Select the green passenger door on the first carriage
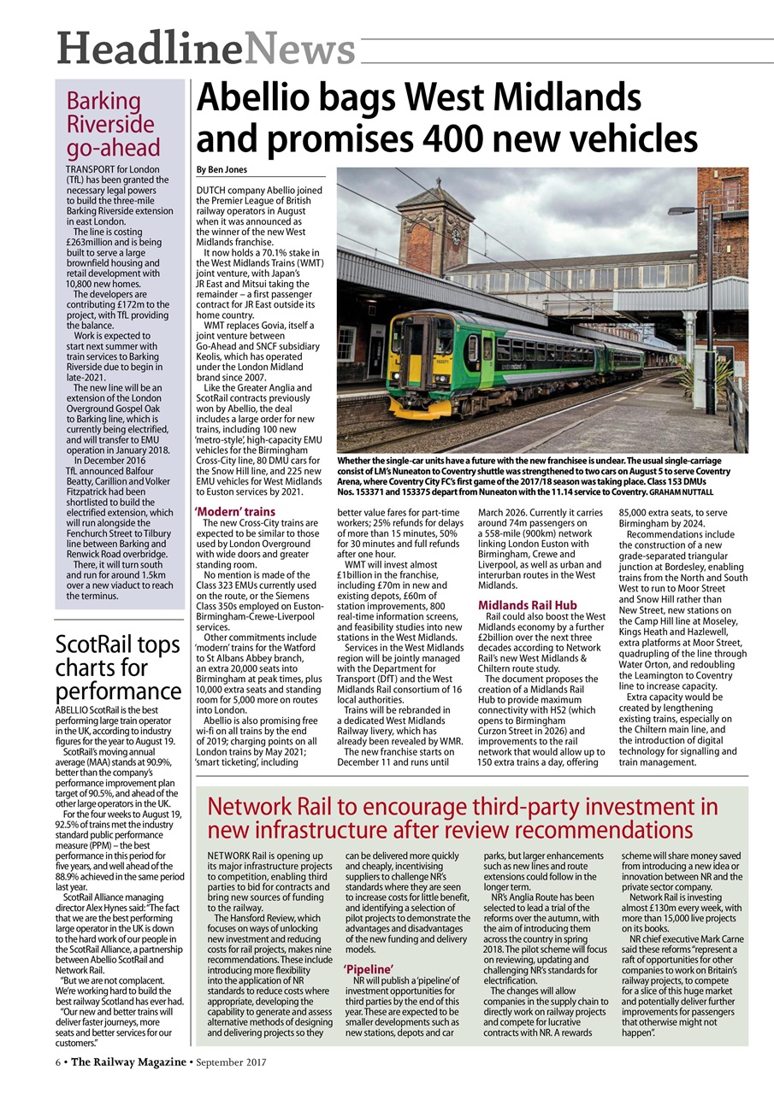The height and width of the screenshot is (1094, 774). pyautogui.click(x=487, y=351)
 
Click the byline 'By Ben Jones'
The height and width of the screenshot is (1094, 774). pyautogui.click(x=222, y=169)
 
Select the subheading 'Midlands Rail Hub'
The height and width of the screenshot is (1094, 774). pyautogui.click(x=527, y=605)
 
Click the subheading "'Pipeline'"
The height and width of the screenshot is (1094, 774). pyautogui.click(x=368, y=968)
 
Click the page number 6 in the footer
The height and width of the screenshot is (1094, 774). pyautogui.click(x=57, y=1062)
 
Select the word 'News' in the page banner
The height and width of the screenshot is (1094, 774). pyautogui.click(x=299, y=49)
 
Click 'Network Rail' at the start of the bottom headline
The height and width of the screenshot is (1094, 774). pyautogui.click(x=282, y=808)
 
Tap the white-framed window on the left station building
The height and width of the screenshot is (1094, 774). pyautogui.click(x=347, y=343)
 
